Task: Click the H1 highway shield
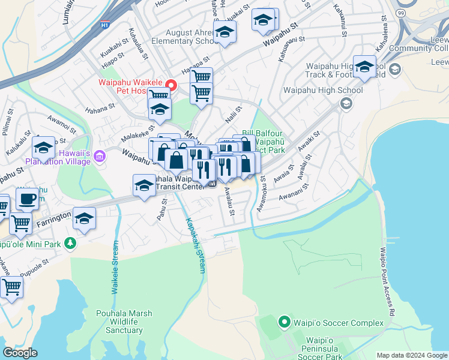click(104, 26)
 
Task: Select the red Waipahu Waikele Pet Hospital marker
click(171, 85)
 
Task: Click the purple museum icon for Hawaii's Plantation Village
click(100, 157)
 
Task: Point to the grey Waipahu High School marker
click(346, 104)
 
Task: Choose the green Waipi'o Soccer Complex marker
click(285, 323)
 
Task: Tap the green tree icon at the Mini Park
click(71, 243)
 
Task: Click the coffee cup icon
click(26, 199)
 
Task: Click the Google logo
click(20, 353)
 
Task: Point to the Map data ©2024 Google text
click(411, 355)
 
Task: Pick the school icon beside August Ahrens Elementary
click(225, 32)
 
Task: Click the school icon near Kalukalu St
click(43, 147)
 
